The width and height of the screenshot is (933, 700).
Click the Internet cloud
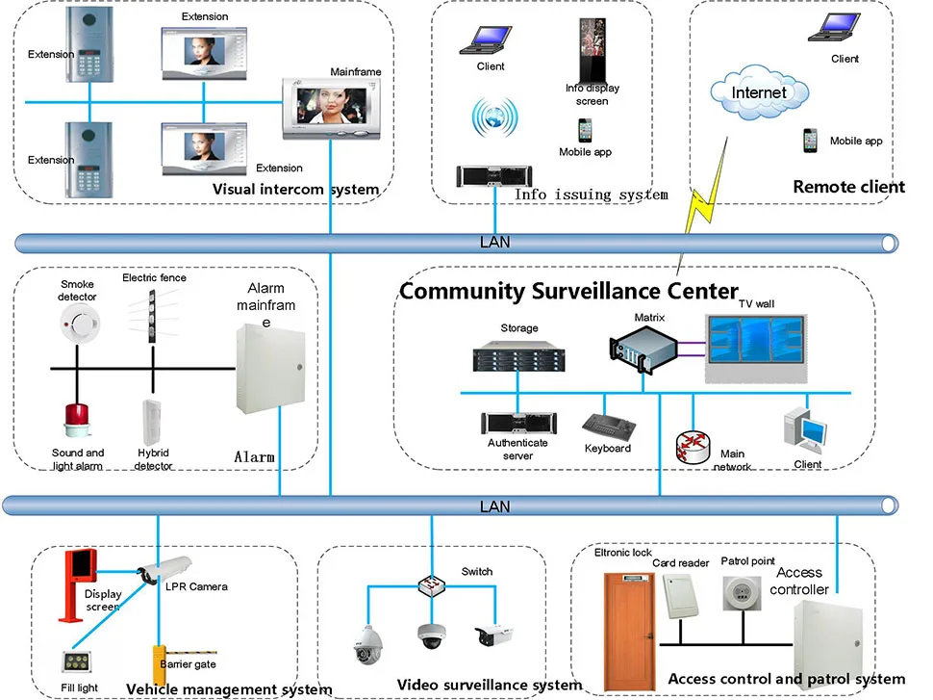760,93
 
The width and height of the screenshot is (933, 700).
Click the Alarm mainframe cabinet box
272,370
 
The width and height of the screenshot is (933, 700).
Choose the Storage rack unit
518,357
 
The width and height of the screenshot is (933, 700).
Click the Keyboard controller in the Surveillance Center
607,426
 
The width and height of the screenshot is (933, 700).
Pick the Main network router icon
693,444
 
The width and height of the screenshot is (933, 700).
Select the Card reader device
680,594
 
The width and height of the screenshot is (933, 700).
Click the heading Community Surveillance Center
568,291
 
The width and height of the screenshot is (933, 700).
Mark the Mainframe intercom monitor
327,107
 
